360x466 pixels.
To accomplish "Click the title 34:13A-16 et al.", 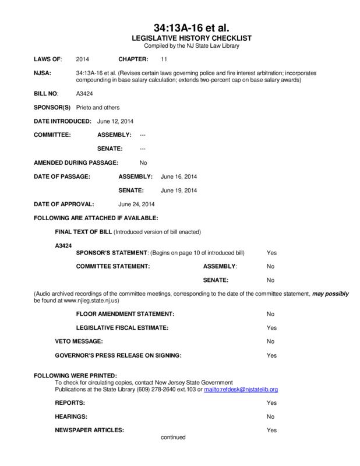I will tap(179, 28).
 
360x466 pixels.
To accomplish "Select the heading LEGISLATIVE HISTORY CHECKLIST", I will tap(179, 38).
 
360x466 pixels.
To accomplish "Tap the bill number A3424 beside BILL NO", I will tap(83, 93).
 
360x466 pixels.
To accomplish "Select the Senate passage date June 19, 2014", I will tap(179, 190).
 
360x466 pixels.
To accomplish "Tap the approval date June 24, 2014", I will tap(136, 204).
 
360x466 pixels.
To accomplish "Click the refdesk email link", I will tap(241, 389).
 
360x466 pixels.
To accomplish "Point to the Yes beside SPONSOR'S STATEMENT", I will tap(271, 252).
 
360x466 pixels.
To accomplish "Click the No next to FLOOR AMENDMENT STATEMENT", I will tap(270, 314).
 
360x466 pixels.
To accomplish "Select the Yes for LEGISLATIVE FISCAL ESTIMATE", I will tap(271, 328).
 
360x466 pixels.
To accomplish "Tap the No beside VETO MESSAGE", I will tap(270, 341).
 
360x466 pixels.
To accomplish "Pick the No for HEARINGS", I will tap(270, 416).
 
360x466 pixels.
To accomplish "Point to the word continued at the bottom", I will tap(173, 437).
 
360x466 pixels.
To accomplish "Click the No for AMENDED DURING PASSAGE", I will tap(143, 163).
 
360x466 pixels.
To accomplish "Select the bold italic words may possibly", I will tap(330, 294).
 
